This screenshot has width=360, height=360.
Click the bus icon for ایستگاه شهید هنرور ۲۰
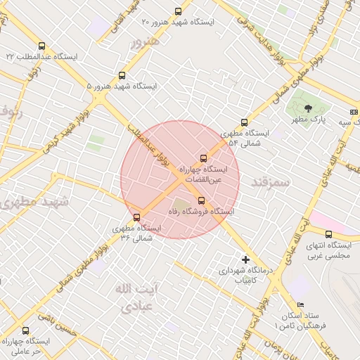tap(177, 11)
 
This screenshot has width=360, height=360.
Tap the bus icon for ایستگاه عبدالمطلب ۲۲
tap(42, 46)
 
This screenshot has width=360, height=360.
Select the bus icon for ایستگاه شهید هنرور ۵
tap(122, 75)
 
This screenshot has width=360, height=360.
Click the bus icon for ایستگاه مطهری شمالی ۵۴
tap(244, 122)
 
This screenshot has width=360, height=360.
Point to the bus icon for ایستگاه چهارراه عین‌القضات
tap(204, 158)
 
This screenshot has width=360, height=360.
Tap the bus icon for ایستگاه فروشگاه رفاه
tap(202, 200)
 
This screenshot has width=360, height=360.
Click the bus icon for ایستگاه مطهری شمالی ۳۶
tap(136, 217)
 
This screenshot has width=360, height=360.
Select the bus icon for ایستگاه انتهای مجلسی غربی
tap(328, 234)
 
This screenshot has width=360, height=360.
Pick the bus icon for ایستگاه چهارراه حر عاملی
tap(26, 330)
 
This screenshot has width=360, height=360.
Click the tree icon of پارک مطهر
tap(308, 108)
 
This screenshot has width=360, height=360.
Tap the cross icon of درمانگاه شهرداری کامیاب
tap(245, 259)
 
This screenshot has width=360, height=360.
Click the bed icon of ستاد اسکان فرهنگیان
tap(301, 304)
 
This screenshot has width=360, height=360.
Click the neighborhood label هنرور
tap(146, 41)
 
